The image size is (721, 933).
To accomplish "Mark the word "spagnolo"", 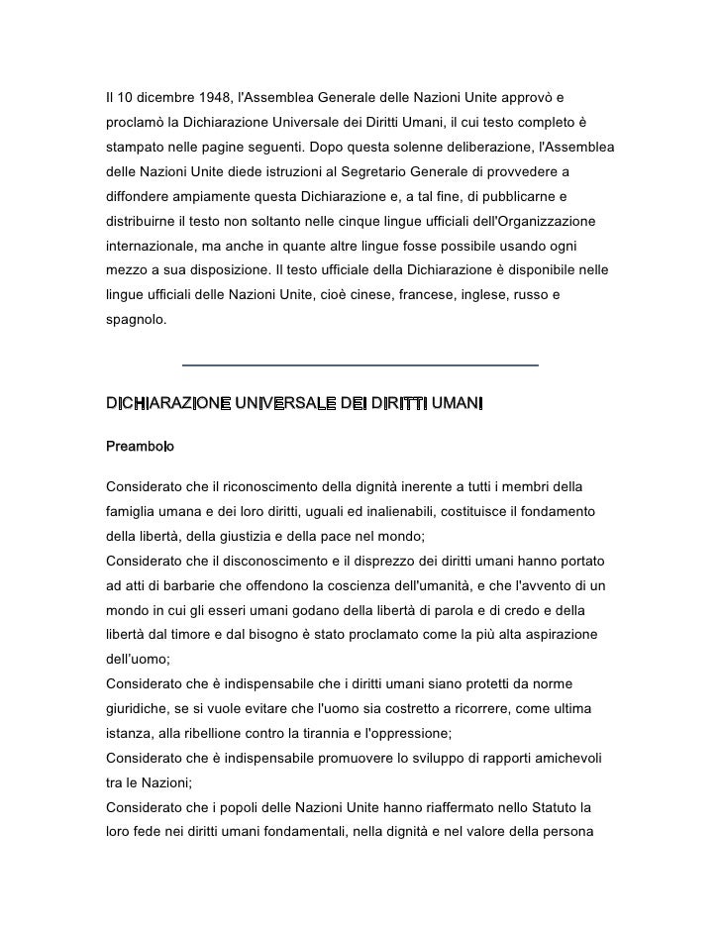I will tap(137, 319).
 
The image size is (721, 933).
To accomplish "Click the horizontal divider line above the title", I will tap(361, 365).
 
